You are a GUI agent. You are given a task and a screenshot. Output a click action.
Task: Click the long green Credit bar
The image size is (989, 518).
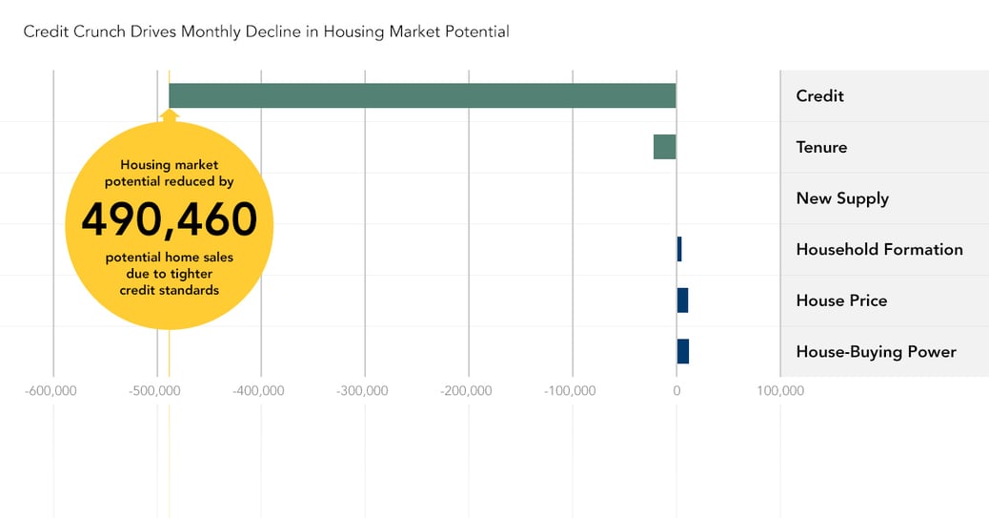(422, 95)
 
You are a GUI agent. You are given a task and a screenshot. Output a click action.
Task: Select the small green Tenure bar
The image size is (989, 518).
(664, 147)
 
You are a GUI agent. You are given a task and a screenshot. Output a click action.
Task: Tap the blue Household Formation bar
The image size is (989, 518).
(679, 249)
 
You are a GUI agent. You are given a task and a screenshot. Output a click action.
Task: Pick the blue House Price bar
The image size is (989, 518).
(682, 300)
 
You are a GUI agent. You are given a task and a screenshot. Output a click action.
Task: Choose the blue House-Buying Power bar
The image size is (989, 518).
(682, 351)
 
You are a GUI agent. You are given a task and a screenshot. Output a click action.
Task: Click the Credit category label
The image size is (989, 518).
(819, 95)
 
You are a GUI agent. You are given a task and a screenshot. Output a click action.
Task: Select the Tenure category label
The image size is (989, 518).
(821, 147)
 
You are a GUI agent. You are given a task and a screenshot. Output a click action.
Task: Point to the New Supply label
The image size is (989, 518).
(842, 198)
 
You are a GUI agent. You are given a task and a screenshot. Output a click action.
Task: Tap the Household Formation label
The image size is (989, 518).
(879, 249)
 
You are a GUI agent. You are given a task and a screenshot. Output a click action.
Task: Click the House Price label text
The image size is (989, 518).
(841, 300)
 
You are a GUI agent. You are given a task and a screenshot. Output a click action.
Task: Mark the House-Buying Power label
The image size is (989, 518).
(876, 351)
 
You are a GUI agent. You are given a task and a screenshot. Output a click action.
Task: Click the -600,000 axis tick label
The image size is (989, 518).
(51, 390)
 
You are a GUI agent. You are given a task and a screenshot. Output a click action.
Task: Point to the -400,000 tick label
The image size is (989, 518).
(259, 390)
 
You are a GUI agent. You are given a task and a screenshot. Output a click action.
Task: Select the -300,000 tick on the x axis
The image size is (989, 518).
(363, 390)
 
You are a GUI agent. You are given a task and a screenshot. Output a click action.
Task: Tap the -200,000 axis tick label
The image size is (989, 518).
(467, 390)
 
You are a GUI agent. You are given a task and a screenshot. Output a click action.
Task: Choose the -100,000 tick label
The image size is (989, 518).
(571, 390)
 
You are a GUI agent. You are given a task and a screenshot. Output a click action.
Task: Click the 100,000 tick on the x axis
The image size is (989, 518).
(780, 390)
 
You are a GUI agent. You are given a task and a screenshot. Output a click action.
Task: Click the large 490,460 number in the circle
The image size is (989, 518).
(169, 220)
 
